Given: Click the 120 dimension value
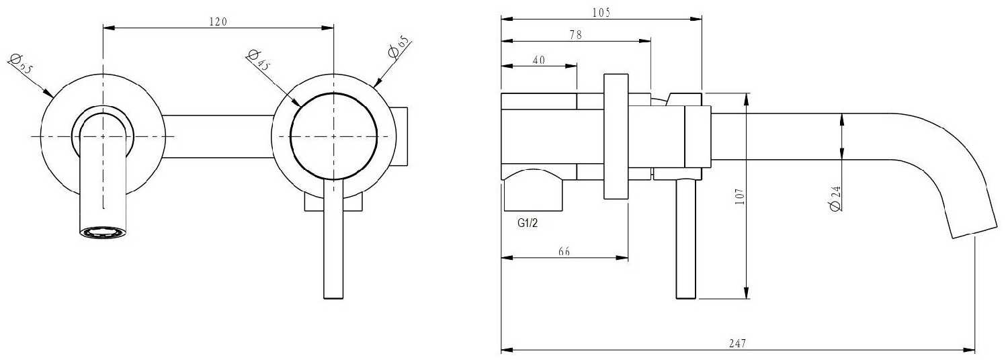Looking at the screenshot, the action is click(218, 21).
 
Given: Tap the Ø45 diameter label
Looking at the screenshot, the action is click(258, 60).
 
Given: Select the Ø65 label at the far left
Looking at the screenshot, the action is click(21, 63).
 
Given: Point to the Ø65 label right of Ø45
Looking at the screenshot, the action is click(398, 47).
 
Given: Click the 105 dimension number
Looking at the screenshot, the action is click(601, 13).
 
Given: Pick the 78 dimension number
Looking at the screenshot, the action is click(575, 35).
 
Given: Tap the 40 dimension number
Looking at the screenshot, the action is click(539, 60).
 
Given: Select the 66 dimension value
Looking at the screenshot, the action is click(564, 251).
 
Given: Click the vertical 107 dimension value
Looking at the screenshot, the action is click(739, 197).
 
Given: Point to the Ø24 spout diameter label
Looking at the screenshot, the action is click(835, 198).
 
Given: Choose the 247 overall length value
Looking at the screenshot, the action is click(737, 344).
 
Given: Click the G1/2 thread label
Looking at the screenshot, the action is click(528, 222).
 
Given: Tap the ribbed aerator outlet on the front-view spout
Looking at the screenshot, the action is click(103, 232).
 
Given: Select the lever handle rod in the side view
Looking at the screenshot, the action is click(686, 239).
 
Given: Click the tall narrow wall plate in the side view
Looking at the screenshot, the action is click(616, 136).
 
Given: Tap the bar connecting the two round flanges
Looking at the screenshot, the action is click(218, 137).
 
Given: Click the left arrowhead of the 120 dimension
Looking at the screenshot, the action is click(110, 28).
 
